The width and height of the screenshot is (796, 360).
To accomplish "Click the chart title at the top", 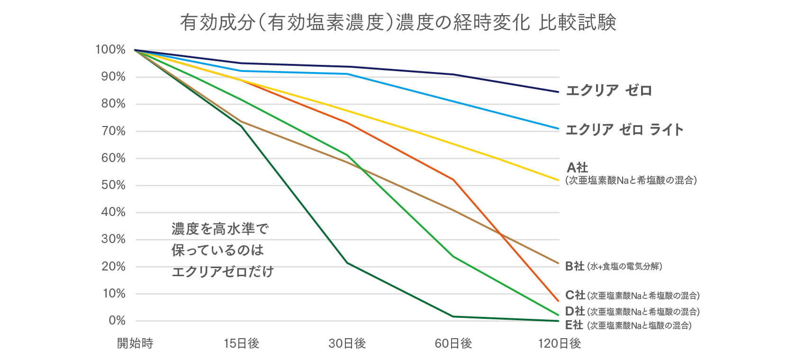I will pyautogui.click(x=398, y=22).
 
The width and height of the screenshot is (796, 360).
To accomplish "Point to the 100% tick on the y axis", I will pyautogui.click(x=110, y=50).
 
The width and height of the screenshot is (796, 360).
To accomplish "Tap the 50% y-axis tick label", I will pyautogui.click(x=113, y=185).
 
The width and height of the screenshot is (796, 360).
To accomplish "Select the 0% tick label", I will pyautogui.click(x=117, y=321).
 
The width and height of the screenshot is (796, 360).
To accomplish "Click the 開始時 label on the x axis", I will pyautogui.click(x=135, y=343).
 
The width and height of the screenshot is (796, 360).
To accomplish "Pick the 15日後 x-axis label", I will pyautogui.click(x=241, y=343).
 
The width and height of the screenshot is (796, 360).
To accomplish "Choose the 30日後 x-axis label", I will pyautogui.click(x=347, y=343).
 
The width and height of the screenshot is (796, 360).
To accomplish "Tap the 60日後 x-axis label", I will pyautogui.click(x=453, y=343).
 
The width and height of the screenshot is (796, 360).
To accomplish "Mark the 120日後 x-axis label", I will pyautogui.click(x=560, y=343).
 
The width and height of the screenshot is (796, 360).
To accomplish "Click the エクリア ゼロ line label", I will pyautogui.click(x=609, y=90).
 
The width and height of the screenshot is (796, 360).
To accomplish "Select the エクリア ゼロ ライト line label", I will pyautogui.click(x=624, y=129).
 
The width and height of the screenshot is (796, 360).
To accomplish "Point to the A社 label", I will pyautogui.click(x=577, y=168).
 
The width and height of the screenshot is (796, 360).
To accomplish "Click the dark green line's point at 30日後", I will pyautogui.click(x=347, y=263).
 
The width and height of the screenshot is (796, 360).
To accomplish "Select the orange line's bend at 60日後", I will pyautogui.click(x=453, y=180).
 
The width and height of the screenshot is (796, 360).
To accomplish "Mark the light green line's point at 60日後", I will pyautogui.click(x=453, y=257).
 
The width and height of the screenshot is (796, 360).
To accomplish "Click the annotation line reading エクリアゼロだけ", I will pyautogui.click(x=222, y=271).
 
